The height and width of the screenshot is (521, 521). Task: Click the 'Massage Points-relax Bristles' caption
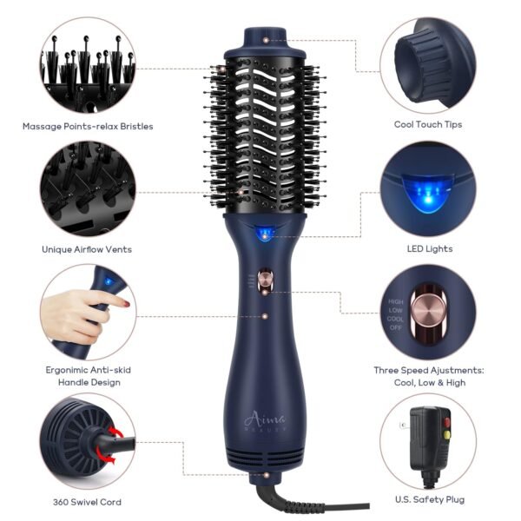click(x=88, y=126)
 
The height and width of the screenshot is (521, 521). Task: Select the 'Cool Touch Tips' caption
click(x=428, y=124)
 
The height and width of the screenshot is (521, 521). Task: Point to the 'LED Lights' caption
click(x=428, y=248)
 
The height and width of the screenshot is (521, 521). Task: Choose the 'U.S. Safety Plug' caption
click(x=428, y=501)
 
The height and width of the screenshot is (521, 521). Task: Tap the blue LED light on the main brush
click(x=261, y=233)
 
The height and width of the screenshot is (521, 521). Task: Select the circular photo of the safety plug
click(x=428, y=441)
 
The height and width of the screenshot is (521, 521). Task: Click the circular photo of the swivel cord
click(x=87, y=441)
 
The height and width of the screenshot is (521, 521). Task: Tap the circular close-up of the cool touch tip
click(x=428, y=64)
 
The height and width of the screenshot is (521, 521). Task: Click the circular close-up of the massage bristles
click(x=87, y=64)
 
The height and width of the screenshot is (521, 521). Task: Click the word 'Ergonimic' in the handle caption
click(x=66, y=369)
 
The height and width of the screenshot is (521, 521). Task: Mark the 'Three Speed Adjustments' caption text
click(x=428, y=369)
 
